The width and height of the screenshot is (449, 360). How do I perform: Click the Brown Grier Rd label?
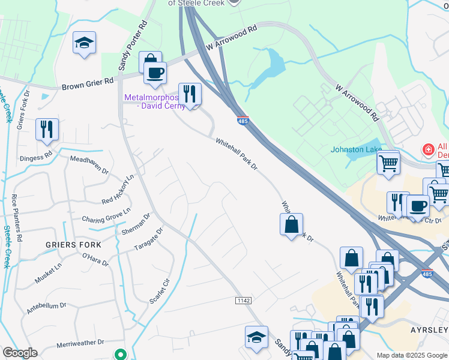point(87,83)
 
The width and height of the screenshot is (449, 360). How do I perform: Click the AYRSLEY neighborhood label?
point(429,331)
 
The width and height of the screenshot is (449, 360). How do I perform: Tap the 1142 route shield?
point(243,300)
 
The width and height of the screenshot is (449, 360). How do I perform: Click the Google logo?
point(20,353)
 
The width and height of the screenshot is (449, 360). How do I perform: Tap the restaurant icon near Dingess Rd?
point(46,129)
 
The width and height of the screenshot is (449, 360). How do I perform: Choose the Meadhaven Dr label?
point(89,165)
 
